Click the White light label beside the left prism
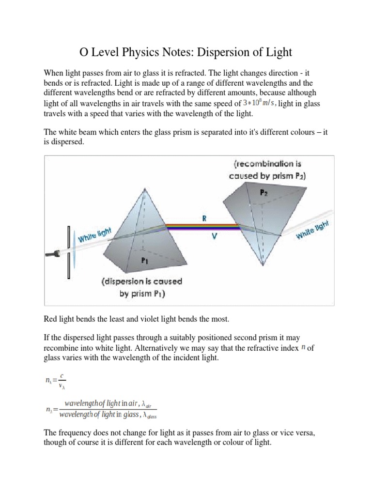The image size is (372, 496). [x=95, y=236]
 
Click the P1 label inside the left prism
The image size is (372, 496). [x=145, y=260]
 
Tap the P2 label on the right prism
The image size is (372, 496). [x=263, y=192]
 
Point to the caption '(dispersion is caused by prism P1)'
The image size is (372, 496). [x=141, y=287]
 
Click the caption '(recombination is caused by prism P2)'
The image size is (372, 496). [x=267, y=170]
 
